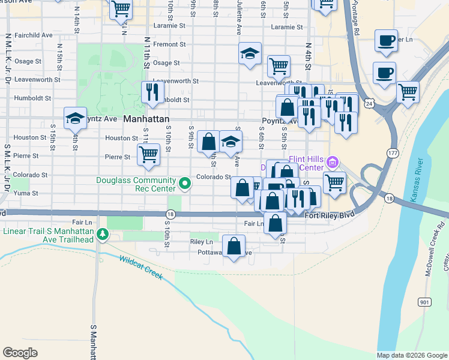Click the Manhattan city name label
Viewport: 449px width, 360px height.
pos(145,119)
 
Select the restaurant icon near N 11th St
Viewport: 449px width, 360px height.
pos(152,92)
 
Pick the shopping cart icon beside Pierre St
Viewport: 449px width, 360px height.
pos(148,154)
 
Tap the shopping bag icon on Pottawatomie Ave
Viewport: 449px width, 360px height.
pos(234,246)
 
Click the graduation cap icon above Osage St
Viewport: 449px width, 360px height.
pos(250,54)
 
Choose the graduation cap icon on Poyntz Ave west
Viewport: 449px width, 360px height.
pos(76,118)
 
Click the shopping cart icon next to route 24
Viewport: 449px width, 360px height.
pos(408,92)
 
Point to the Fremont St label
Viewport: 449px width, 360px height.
pos(169,44)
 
